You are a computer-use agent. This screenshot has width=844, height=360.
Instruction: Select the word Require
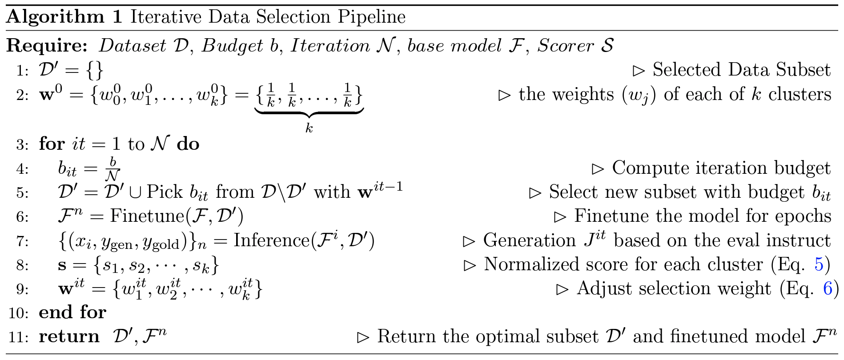(47, 46)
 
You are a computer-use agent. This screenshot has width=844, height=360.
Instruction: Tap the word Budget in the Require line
(232, 46)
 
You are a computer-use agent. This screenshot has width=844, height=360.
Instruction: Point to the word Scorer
(565, 46)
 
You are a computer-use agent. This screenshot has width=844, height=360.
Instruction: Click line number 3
(22, 145)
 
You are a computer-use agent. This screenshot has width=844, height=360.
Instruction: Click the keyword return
(69, 336)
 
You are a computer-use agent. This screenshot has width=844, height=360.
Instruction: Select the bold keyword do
(188, 144)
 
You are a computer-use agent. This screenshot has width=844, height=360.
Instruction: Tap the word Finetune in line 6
(147, 216)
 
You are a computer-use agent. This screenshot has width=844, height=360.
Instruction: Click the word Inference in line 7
(271, 240)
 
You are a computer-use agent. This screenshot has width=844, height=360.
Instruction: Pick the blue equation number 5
(819, 264)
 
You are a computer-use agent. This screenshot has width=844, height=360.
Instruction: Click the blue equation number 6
(828, 288)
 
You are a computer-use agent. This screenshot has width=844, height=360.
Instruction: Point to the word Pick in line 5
(164, 192)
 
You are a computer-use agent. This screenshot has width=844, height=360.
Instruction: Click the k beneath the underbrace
(309, 128)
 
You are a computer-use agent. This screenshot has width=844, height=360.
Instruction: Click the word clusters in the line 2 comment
(800, 95)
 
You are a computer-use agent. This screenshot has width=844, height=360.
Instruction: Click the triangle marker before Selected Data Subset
(639, 71)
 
